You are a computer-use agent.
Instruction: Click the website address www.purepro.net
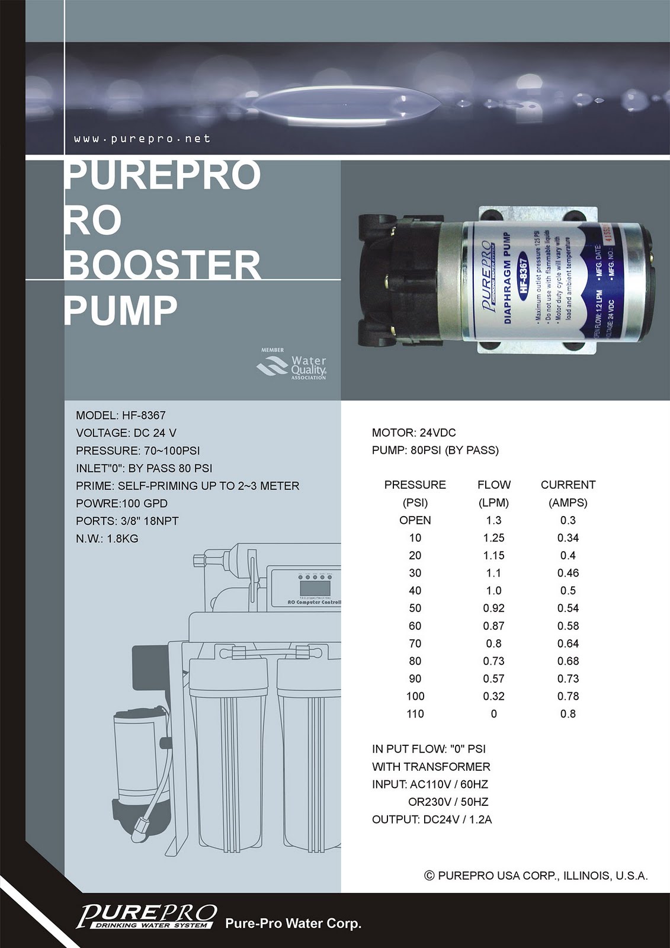click(142, 139)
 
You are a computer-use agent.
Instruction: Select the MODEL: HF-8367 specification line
click(121, 415)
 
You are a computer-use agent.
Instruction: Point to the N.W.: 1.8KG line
click(107, 539)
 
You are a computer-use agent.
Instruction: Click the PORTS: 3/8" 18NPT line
click(127, 521)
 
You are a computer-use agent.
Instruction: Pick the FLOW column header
click(493, 485)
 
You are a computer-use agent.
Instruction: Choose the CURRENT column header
click(568, 485)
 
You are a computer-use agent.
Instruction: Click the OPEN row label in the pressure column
click(415, 520)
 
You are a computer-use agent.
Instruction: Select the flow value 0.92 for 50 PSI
click(493, 608)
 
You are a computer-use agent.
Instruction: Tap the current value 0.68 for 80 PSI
click(568, 661)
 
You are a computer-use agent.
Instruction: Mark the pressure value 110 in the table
click(415, 713)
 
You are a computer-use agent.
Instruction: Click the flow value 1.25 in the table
click(493, 538)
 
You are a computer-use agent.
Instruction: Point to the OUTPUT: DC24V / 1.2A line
click(432, 819)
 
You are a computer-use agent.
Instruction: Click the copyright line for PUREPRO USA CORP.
click(536, 875)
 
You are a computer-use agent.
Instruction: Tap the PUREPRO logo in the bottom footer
click(146, 916)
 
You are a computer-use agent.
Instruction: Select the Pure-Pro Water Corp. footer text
click(293, 923)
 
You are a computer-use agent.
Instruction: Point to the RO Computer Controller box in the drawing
click(304, 587)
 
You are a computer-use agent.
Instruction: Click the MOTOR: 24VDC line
click(413, 433)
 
